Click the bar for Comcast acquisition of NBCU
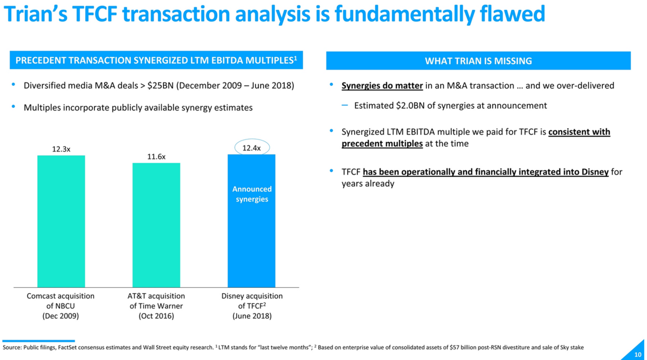pos(61,221)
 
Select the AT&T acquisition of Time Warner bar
pos(156,225)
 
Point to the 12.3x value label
pos(61,149)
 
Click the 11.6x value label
pos(156,157)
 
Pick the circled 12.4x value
pos(252,148)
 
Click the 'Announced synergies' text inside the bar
pos(252,194)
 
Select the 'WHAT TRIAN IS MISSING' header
pos(478,61)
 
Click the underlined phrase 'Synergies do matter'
pos(382,86)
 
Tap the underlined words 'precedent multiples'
pos(382,144)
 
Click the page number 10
pos(638,354)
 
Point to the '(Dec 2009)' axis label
pos(60,316)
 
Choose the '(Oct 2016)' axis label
pos(156,316)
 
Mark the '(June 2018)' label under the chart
pos(252,316)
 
